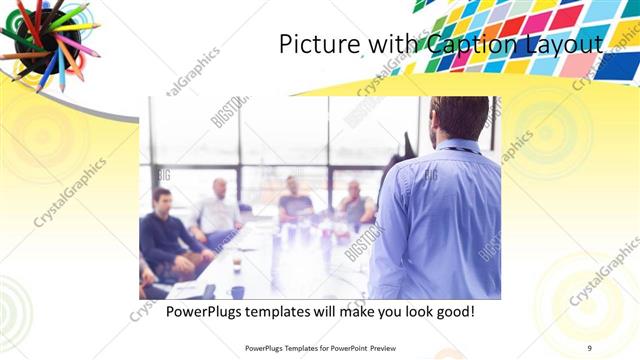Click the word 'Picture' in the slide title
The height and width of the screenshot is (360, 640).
pos(312,45)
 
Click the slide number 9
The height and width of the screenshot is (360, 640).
pos(590,348)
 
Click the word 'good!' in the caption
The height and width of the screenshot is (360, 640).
pos(451,312)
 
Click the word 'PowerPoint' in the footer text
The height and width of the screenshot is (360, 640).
pos(347,348)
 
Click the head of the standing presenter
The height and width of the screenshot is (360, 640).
pos(460,118)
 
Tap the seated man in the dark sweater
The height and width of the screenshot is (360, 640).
pos(164,228)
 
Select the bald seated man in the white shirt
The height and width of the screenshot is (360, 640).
pos(218,208)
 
